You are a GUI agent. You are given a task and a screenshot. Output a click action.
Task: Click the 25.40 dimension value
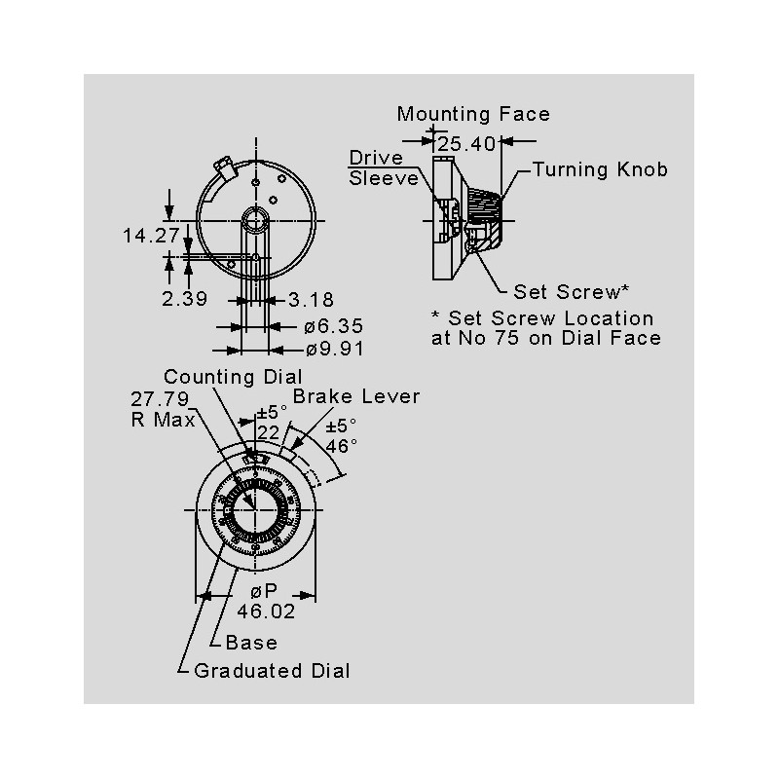pos(467,144)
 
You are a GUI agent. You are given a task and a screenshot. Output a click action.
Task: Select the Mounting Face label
pos(473,114)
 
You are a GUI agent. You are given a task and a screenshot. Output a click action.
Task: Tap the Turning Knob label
pos(601,169)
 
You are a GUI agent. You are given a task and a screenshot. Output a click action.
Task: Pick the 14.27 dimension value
pos(151,235)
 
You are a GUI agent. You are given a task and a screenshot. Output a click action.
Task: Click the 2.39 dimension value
pos(183,299)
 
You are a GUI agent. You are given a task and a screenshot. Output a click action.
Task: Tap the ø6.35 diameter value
pos(333,327)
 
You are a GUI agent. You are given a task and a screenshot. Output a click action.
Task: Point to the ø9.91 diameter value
pos(333,350)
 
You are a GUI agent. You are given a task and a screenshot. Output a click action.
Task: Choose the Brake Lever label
pos(356,397)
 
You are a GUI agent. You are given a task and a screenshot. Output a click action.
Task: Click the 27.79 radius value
pos(159,399)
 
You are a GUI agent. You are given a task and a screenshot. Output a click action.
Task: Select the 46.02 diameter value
pos(266,612)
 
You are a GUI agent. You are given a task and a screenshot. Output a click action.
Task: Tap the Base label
pos(251,642)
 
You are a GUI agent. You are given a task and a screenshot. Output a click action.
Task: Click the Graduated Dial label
pos(272,670)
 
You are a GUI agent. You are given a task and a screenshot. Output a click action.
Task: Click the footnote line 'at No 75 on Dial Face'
pos(545,338)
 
